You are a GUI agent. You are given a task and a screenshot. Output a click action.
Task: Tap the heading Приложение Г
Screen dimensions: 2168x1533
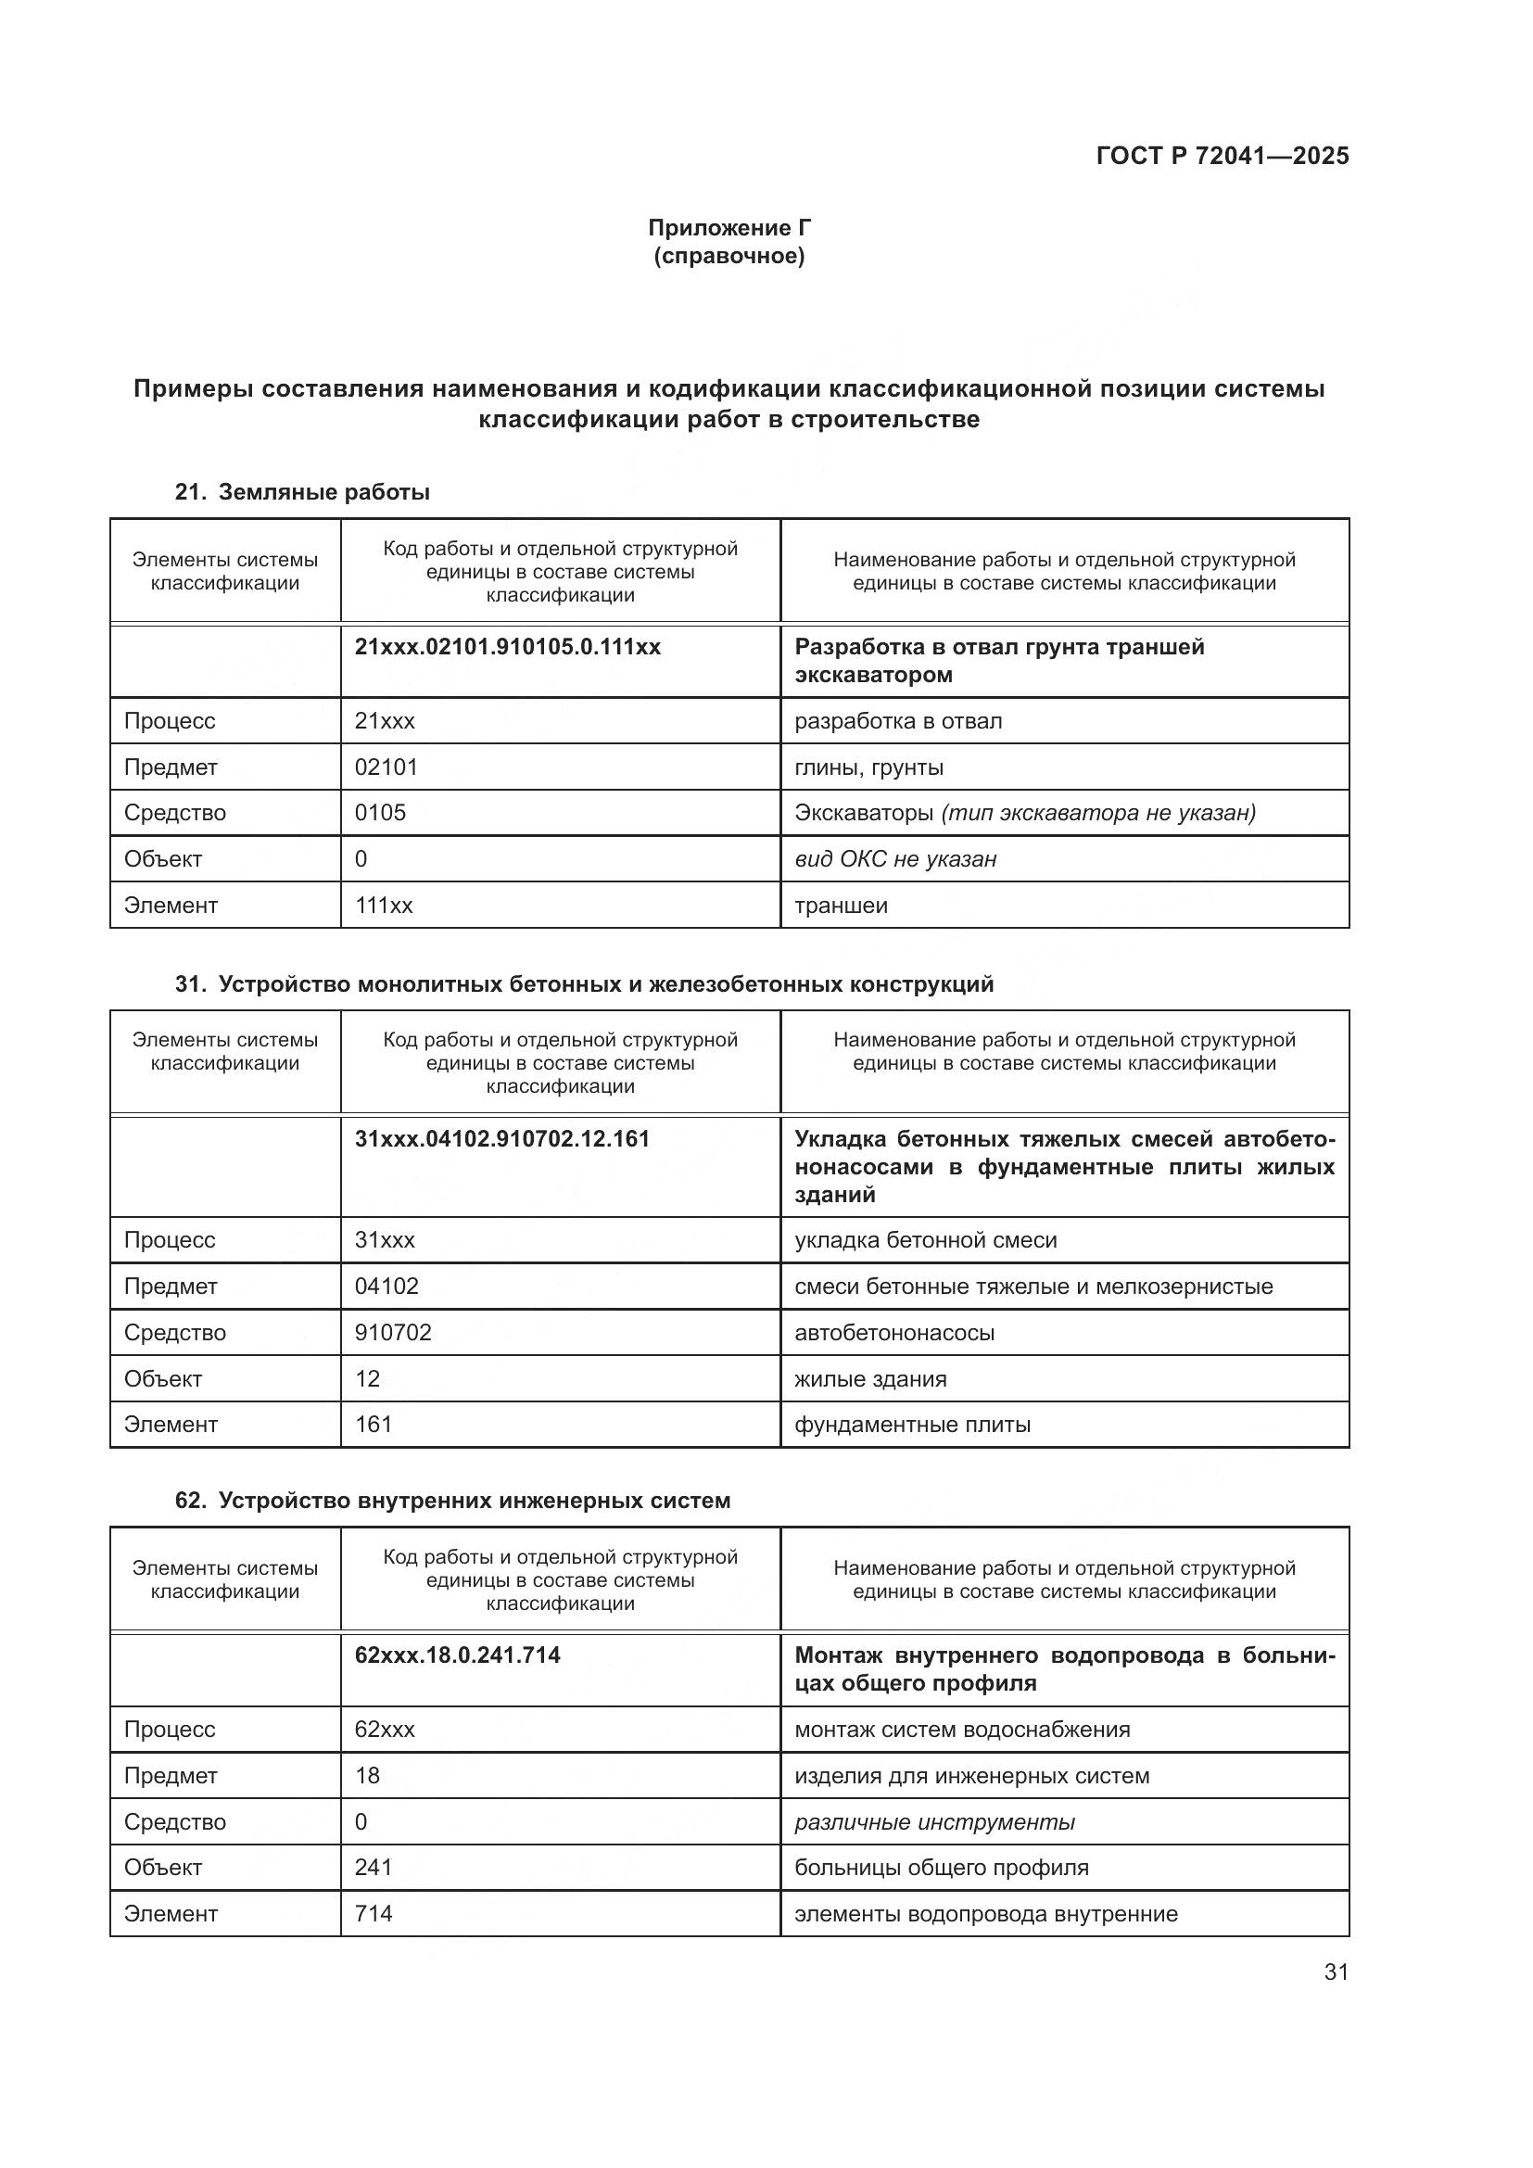(x=728, y=228)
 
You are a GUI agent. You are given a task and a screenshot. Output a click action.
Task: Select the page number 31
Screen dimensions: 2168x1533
(x=1335, y=1971)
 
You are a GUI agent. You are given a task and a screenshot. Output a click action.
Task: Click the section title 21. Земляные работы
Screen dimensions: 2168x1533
(x=302, y=492)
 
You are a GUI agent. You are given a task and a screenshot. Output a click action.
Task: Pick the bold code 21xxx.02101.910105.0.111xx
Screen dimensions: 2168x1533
(x=507, y=647)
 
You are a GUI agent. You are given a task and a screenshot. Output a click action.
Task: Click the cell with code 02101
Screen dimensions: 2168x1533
(x=386, y=767)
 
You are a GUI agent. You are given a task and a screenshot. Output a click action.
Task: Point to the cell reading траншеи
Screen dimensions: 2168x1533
(x=840, y=906)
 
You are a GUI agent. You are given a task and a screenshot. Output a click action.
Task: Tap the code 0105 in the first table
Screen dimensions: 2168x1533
(x=379, y=813)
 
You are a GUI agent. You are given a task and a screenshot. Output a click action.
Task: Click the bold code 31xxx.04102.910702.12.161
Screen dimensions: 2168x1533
(x=501, y=1139)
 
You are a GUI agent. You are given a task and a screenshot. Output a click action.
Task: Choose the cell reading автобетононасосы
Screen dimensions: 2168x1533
(x=893, y=1332)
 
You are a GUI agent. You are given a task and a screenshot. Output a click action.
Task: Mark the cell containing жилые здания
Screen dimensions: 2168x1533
(x=869, y=1378)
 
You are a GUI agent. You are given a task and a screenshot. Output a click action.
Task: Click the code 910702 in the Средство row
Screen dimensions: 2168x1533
(x=393, y=1332)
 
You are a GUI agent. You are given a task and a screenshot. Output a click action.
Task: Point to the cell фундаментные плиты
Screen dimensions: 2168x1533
(x=912, y=1425)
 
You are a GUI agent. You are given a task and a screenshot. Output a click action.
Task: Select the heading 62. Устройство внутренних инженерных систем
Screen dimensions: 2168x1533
(x=452, y=1501)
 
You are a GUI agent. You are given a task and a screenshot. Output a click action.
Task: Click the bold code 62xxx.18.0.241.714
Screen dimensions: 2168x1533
(x=457, y=1655)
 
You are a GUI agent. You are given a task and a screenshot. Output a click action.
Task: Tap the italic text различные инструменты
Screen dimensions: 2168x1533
(x=933, y=1821)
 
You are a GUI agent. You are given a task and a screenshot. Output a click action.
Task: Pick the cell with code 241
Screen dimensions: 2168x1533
(x=373, y=1868)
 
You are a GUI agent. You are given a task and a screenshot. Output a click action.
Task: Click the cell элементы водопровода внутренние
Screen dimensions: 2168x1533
(x=985, y=1914)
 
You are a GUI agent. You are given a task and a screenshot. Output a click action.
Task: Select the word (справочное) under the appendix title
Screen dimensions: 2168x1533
(x=728, y=256)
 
